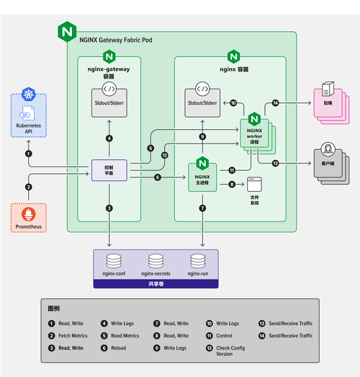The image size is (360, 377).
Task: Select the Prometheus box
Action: coord(28,217)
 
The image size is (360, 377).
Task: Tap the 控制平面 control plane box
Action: coord(109,171)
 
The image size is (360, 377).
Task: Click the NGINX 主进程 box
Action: coord(202,176)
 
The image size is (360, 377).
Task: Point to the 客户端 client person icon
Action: coord(328,151)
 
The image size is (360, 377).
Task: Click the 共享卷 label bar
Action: coord(155,284)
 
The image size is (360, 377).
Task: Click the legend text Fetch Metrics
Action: coord(73,335)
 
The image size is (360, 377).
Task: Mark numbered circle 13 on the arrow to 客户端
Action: coord(276,164)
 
